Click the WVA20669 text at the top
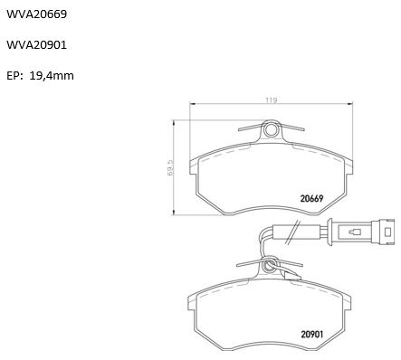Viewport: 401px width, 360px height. coord(36,14)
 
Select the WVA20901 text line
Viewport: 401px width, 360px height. coord(36,45)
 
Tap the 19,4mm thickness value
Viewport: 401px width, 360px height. coord(52,76)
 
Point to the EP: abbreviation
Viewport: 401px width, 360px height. coord(14,76)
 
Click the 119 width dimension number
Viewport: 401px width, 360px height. coord(271,100)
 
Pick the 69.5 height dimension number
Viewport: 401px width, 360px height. coord(170,168)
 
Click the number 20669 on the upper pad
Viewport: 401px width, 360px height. coord(311,198)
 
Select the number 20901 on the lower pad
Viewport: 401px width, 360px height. coord(312,335)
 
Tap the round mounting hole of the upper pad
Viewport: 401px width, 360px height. coord(271,130)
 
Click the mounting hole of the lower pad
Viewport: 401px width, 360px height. coord(268,266)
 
